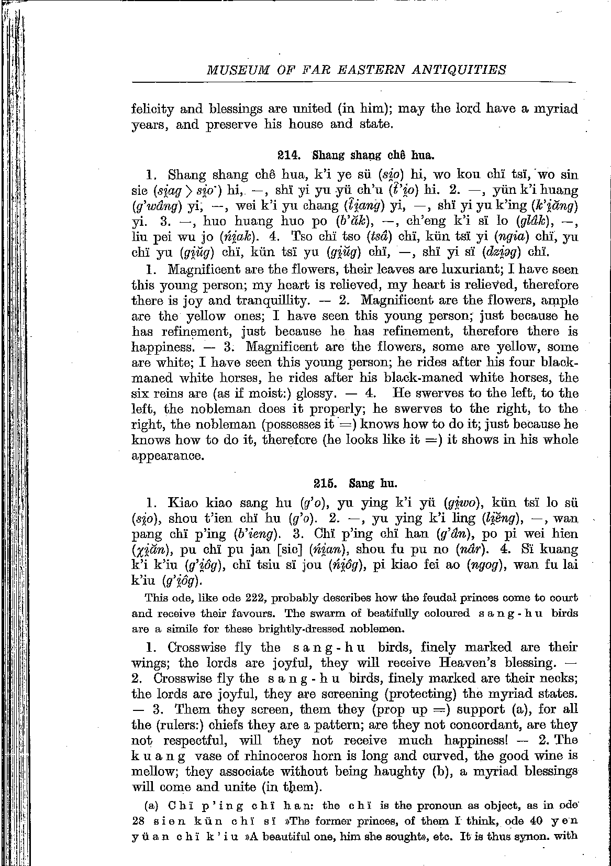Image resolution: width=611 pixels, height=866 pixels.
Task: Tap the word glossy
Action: point(313,393)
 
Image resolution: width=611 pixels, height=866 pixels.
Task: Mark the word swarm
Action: point(331,613)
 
